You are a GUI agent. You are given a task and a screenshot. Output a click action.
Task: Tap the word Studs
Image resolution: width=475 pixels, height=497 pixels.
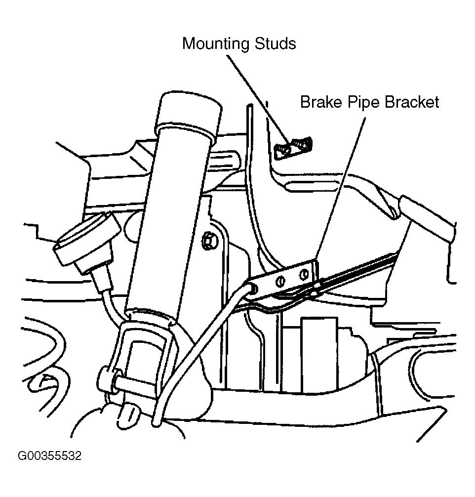coord(275,43)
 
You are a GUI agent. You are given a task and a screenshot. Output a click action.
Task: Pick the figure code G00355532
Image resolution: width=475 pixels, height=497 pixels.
coord(50,456)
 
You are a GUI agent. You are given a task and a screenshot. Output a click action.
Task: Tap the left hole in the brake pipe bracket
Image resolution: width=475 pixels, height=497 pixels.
coord(281,281)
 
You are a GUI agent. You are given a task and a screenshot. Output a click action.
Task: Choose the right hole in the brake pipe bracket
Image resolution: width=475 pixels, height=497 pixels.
coord(304,274)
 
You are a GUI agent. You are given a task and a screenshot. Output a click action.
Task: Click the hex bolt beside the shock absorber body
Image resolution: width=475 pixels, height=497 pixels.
coord(209,242)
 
